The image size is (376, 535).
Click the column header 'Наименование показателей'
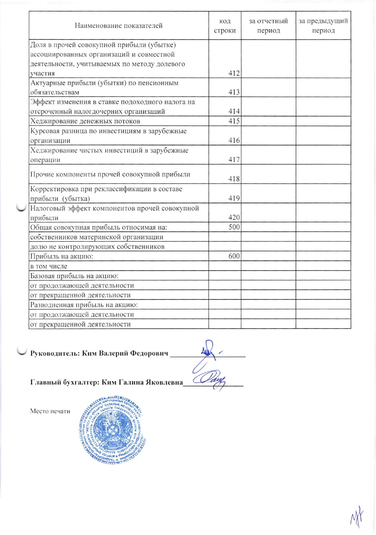click(x=118, y=26)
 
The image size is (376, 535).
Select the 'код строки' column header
click(x=225, y=26)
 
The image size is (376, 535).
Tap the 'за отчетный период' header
click(x=268, y=26)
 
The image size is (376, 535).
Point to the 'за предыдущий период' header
click(x=323, y=26)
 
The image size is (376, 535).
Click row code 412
click(x=234, y=73)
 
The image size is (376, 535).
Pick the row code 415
click(x=234, y=121)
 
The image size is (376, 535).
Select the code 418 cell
click(x=234, y=179)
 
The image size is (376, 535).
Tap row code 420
click(x=234, y=217)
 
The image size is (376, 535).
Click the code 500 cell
click(x=234, y=227)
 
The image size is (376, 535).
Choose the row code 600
click(x=234, y=256)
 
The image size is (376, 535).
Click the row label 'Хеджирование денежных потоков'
click(x=85, y=121)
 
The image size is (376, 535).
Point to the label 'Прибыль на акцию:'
click(x=61, y=257)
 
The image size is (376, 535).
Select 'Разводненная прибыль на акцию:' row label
click(x=84, y=305)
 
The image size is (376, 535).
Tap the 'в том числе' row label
click(x=49, y=266)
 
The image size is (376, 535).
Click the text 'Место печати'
click(x=50, y=411)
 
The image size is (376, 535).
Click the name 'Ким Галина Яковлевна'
click(x=142, y=382)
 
